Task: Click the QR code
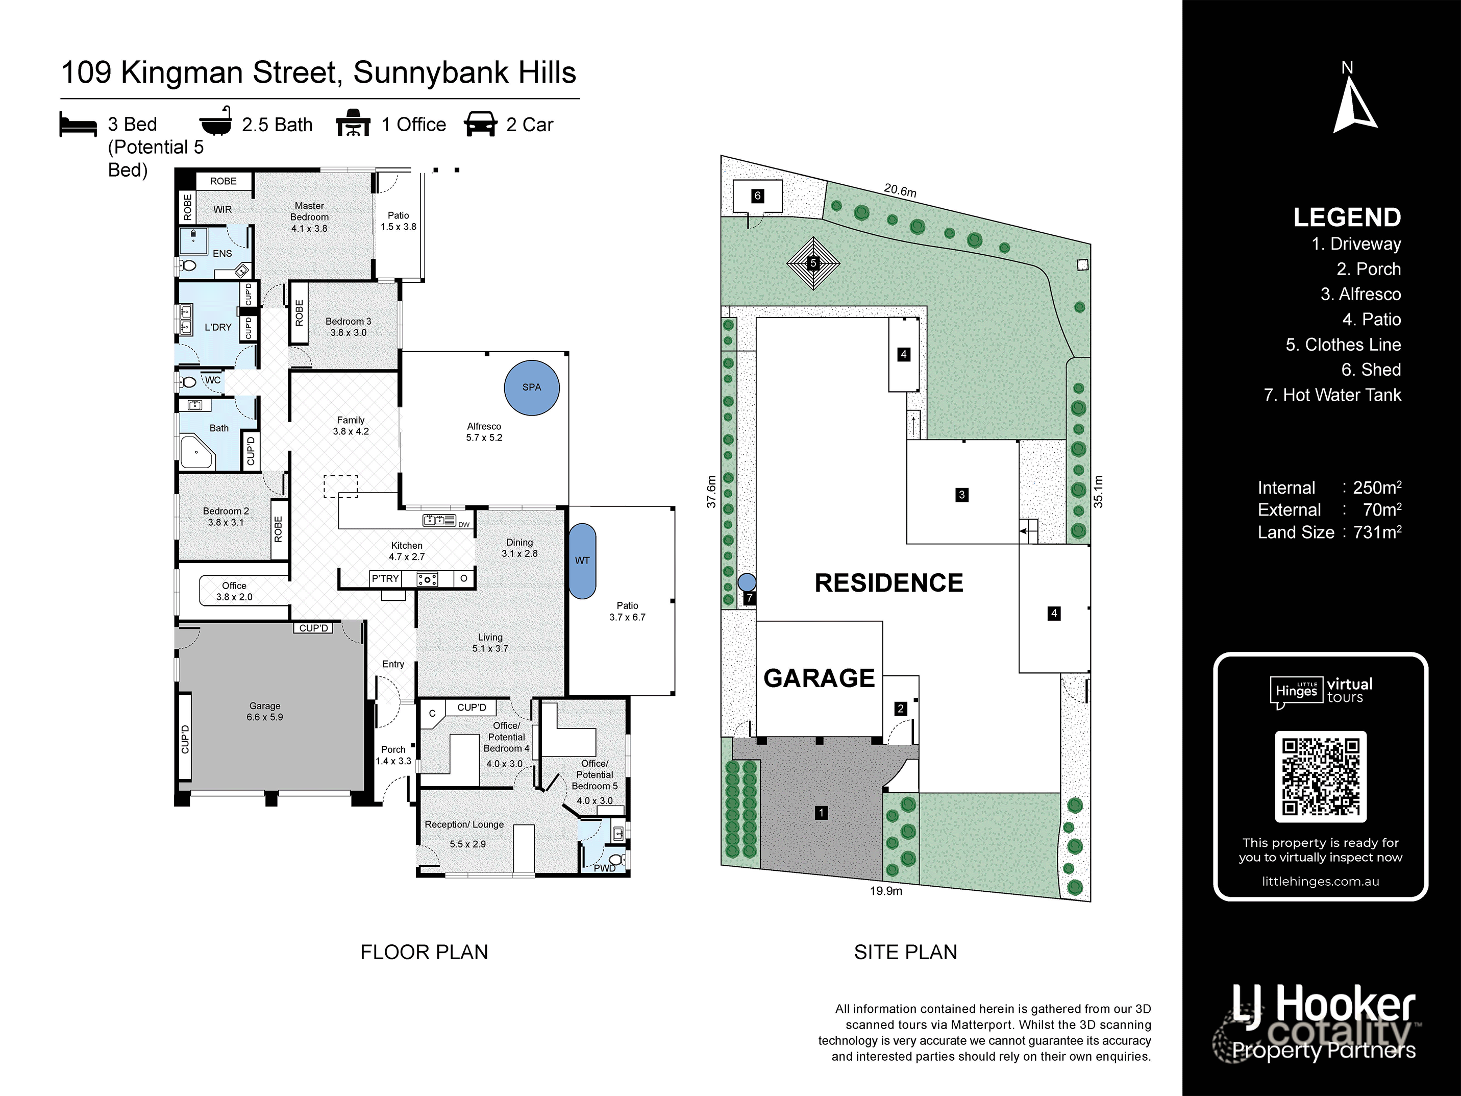(1320, 777)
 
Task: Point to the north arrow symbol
(1353, 106)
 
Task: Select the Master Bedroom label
(309, 211)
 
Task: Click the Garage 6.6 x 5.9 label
(265, 711)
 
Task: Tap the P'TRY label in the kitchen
(385, 579)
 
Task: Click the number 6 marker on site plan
(758, 196)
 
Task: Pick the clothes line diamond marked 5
(813, 263)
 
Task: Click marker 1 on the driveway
(821, 813)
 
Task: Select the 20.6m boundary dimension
(900, 190)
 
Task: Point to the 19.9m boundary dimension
(886, 891)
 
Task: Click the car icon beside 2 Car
(480, 124)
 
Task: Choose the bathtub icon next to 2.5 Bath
(215, 122)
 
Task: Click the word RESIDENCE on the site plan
(888, 582)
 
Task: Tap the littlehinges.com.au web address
(1320, 881)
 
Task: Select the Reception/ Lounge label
(464, 824)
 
